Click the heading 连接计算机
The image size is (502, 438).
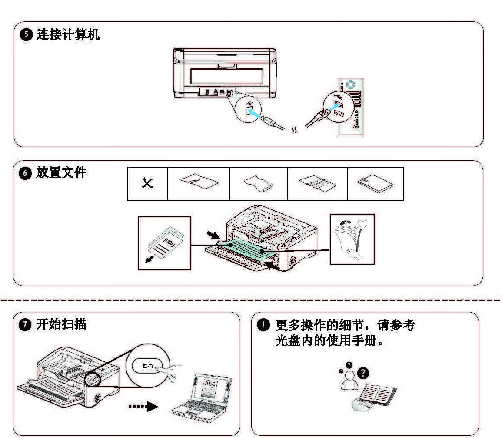pyautogui.click(x=68, y=35)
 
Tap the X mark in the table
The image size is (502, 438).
pyautogui.click(x=147, y=184)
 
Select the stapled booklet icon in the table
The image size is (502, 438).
pyautogui.click(x=375, y=184)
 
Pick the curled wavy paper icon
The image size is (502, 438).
pyautogui.click(x=258, y=184)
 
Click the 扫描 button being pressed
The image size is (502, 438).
pyautogui.click(x=149, y=367)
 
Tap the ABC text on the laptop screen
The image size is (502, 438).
pyautogui.click(x=210, y=384)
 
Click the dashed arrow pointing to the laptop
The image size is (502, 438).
pyautogui.click(x=143, y=407)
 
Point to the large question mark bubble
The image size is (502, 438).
pyautogui.click(x=362, y=373)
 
